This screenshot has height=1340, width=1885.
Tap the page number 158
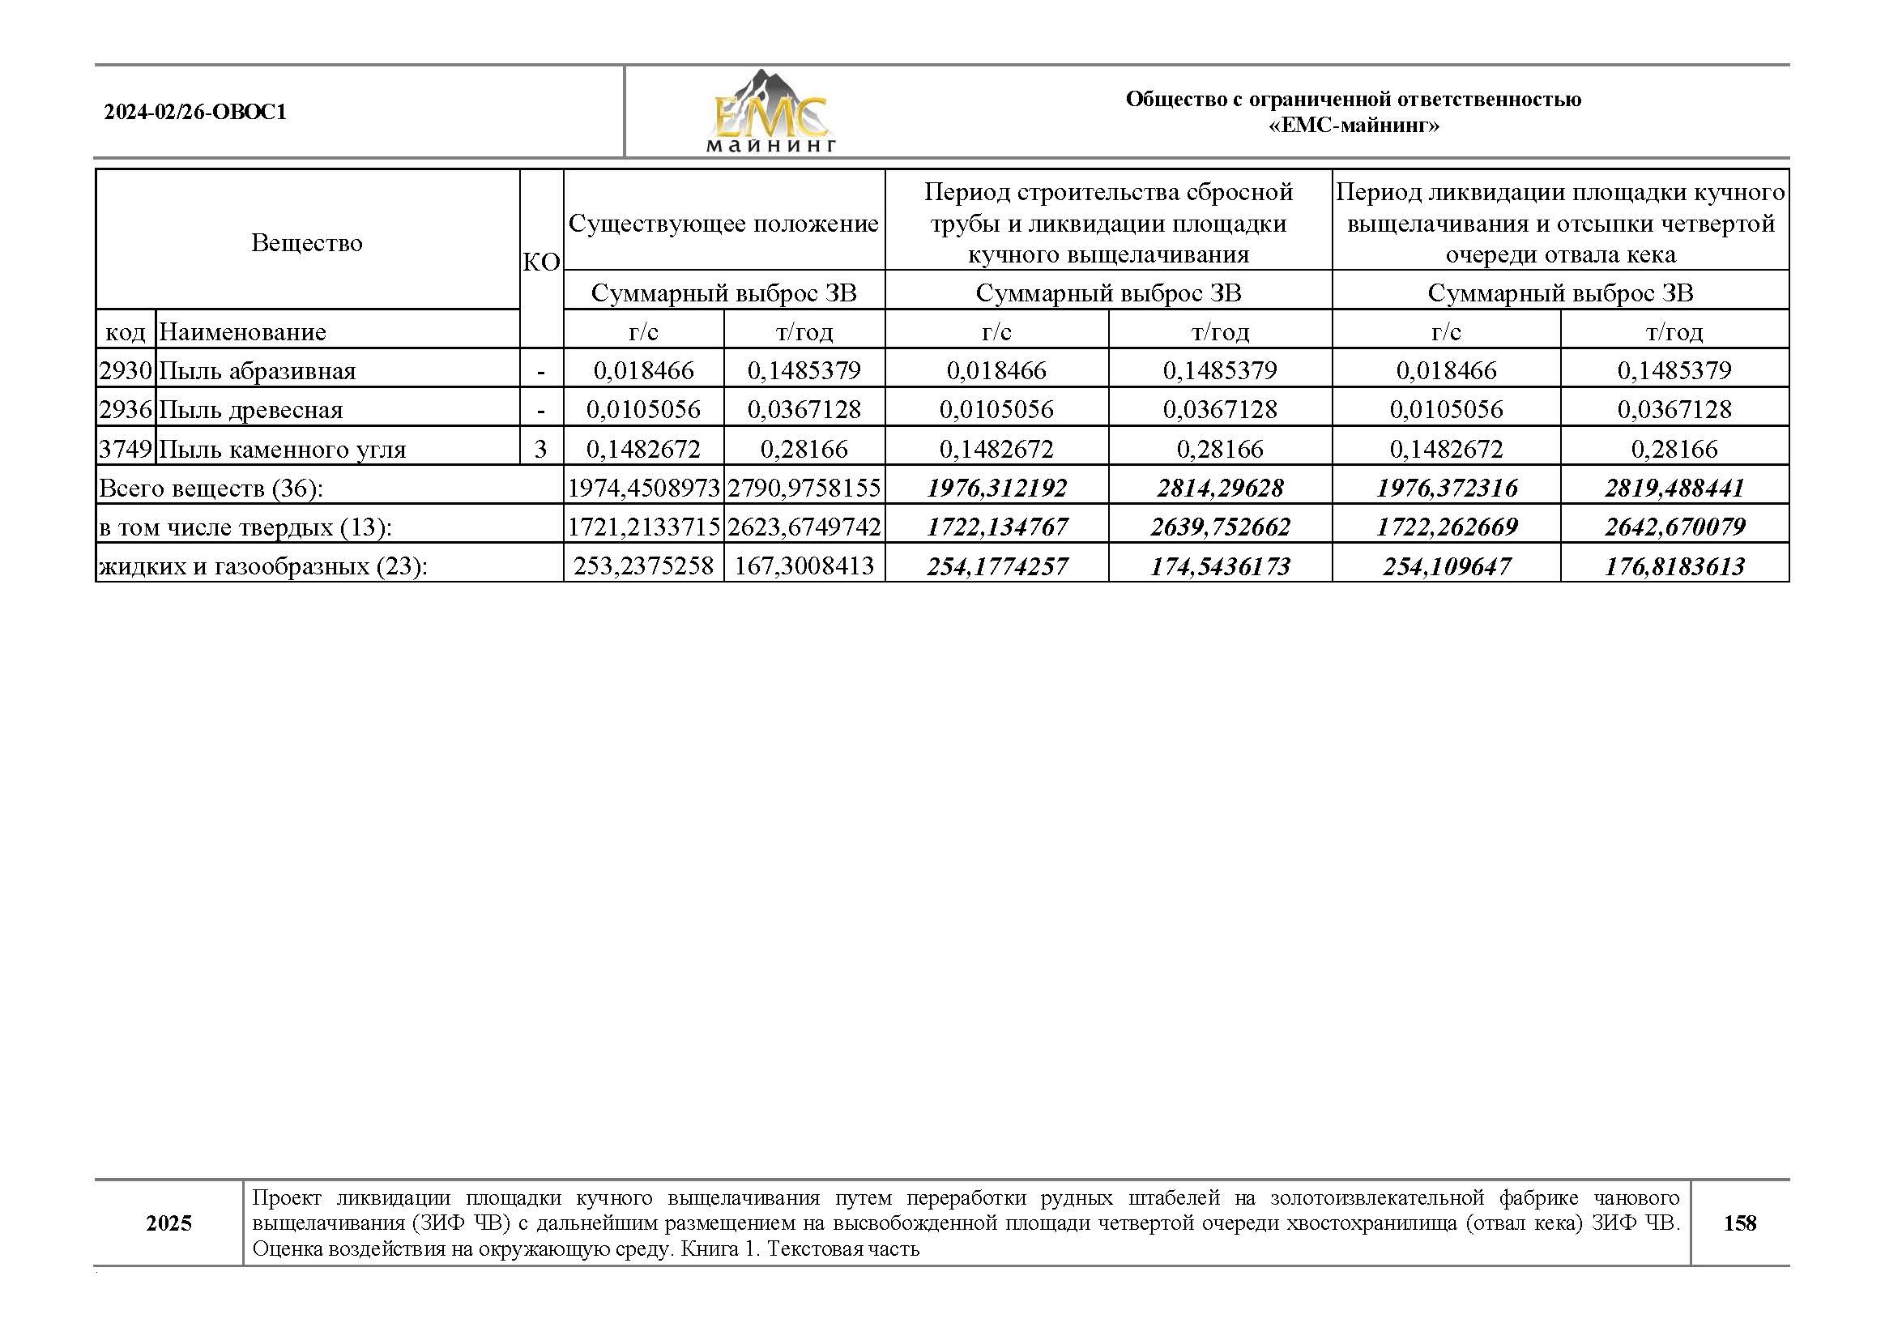point(1739,1222)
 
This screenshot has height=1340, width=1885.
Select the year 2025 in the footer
point(168,1223)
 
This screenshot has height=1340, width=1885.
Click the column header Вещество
point(306,242)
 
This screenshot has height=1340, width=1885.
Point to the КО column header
point(541,262)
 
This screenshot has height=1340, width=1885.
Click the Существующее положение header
point(723,224)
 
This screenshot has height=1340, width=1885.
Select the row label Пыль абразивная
point(257,370)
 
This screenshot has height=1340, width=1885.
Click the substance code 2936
point(126,409)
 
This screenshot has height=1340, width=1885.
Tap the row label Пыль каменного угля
point(282,449)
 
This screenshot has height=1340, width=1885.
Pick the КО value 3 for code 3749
point(540,449)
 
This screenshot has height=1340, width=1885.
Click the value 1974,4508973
point(643,488)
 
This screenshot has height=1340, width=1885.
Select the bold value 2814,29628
point(1219,488)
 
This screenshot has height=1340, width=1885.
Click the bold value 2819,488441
point(1674,488)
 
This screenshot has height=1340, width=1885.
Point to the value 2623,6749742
point(804,527)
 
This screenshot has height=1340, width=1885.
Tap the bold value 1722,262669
point(1446,527)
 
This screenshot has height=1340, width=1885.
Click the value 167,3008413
point(804,566)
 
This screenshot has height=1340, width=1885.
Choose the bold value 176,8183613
point(1674,566)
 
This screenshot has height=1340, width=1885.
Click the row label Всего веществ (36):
point(211,489)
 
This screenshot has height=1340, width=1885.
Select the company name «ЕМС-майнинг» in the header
point(1353,126)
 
